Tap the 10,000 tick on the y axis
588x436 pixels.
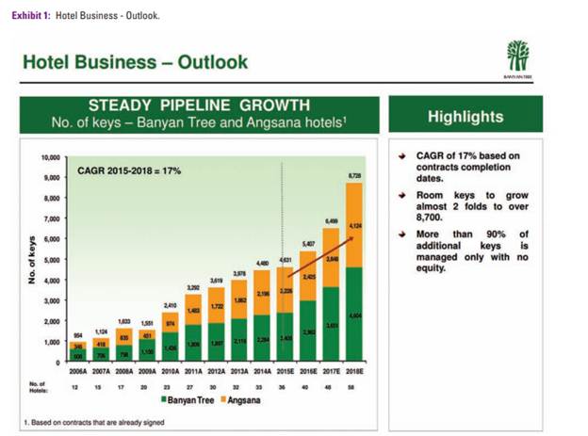(x=50, y=157)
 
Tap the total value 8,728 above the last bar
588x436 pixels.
(x=354, y=176)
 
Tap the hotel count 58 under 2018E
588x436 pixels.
(x=354, y=386)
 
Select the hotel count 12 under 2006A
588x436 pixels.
(x=75, y=386)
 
